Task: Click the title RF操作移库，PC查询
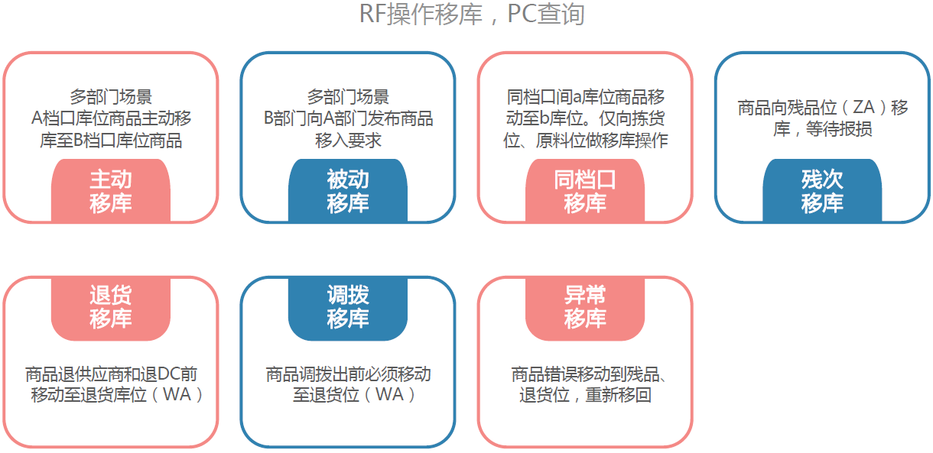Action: pyautogui.click(x=472, y=14)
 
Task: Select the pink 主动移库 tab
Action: pyautogui.click(x=111, y=191)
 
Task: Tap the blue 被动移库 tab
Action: pyautogui.click(x=348, y=191)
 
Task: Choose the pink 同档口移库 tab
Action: pyautogui.click(x=585, y=191)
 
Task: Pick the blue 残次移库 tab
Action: pyautogui.click(x=822, y=191)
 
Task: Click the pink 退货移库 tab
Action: pyautogui.click(x=111, y=307)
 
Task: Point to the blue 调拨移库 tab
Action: pyautogui.click(x=348, y=307)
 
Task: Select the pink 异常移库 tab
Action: pyautogui.click(x=585, y=307)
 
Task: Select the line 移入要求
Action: pyautogui.click(x=348, y=141)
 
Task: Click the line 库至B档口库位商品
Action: pyautogui.click(x=111, y=141)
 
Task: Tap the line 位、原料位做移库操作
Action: pyautogui.click(x=585, y=141)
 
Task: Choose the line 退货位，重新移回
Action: pyautogui.click(x=585, y=396)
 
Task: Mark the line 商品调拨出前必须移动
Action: pyautogui.click(x=348, y=375)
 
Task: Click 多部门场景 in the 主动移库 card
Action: pyautogui.click(x=111, y=97)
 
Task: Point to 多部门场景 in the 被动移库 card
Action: pyautogui.click(x=348, y=97)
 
